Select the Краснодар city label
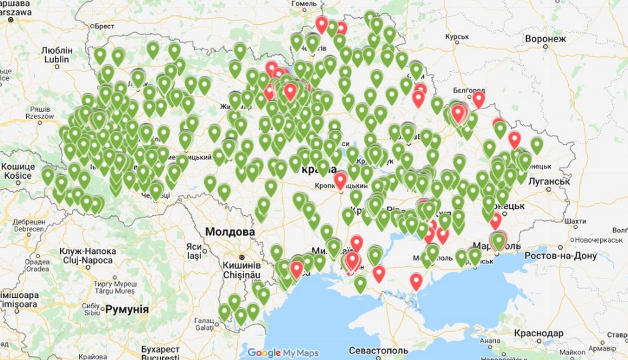[x=538, y=334]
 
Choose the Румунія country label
[x=127, y=309]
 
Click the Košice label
[x=19, y=175]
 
